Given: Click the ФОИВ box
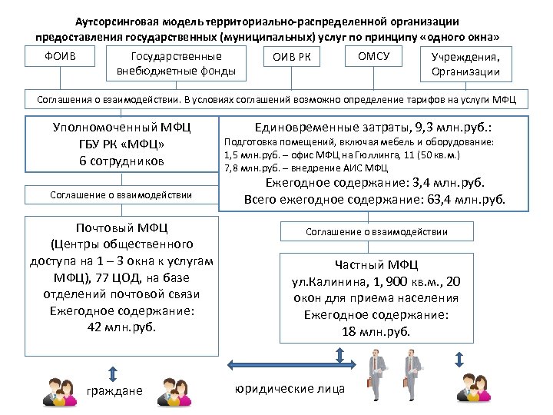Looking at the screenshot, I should pyautogui.click(x=61, y=56).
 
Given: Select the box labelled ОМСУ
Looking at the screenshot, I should pyautogui.click(x=373, y=56).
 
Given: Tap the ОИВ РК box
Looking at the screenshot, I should pyautogui.click(x=292, y=58).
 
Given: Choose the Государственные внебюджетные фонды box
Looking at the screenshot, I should pyautogui.click(x=176, y=65).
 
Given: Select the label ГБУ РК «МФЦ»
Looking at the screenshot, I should pyautogui.click(x=121, y=144).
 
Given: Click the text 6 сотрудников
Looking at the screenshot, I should pyautogui.click(x=121, y=161).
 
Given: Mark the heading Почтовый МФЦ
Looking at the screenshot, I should pyautogui.click(x=121, y=228).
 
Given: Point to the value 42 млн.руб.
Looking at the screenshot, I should pyautogui.click(x=121, y=327).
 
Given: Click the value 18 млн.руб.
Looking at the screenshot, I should pyautogui.click(x=376, y=331).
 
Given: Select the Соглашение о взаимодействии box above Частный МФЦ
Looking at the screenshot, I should pyautogui.click(x=376, y=231).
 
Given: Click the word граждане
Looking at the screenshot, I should pyautogui.click(x=114, y=390).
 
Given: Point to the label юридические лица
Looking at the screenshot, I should pyautogui.click(x=289, y=389).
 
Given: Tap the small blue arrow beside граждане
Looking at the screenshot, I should pyautogui.click(x=113, y=373).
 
